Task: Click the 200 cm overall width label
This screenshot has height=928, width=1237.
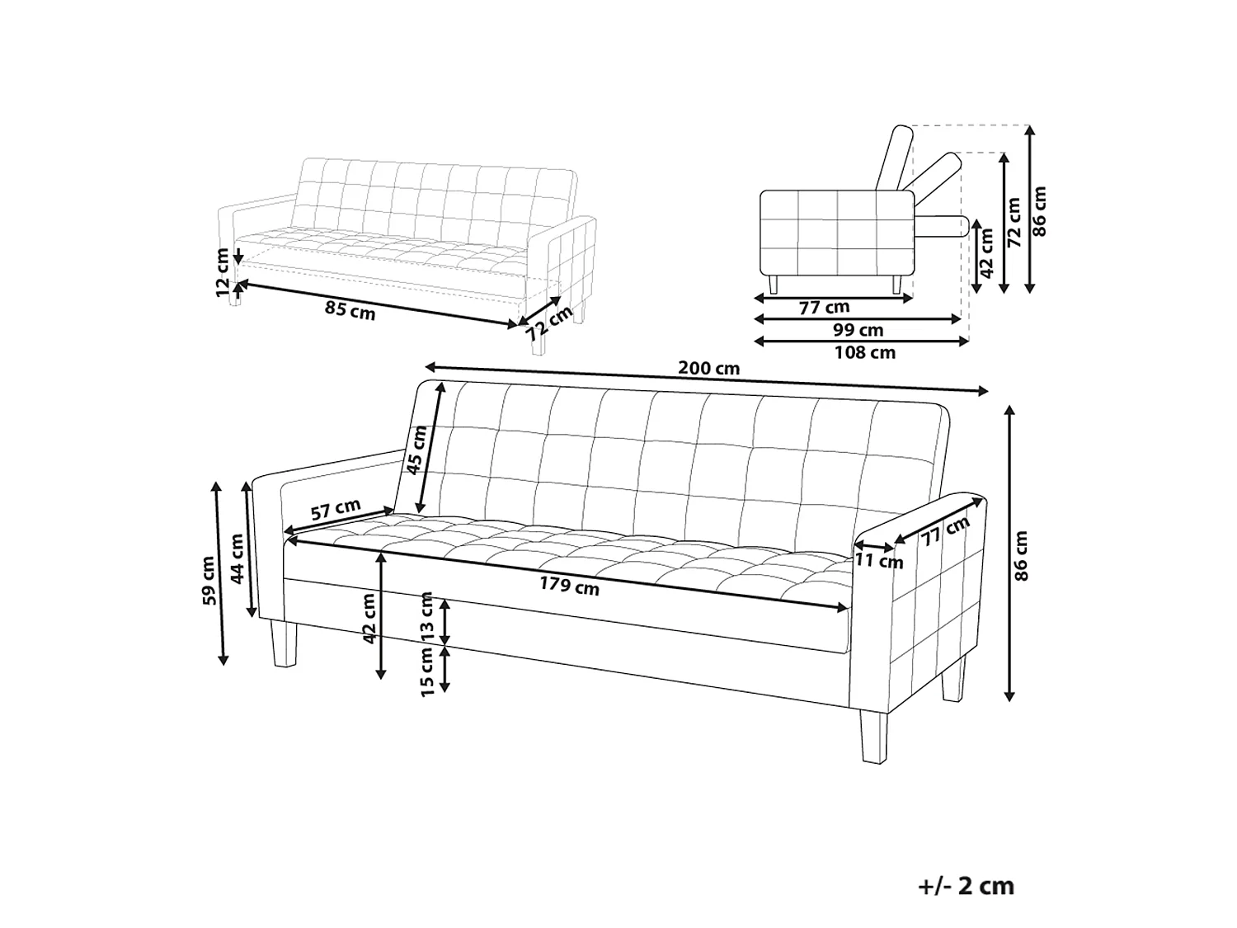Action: [708, 368]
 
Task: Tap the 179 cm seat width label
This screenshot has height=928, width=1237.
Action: [569, 586]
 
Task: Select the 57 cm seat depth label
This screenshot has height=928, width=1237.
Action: [336, 509]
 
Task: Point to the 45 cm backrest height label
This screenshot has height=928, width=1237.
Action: [417, 450]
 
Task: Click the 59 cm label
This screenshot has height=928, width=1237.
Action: [209, 581]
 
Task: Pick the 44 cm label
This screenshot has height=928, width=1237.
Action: [237, 559]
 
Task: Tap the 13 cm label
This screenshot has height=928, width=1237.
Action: [426, 616]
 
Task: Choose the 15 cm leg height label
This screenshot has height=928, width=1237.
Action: [426, 671]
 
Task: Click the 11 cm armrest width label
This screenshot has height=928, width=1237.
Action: [879, 561]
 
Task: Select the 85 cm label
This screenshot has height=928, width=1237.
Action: [350, 310]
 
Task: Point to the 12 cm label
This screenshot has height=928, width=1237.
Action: [223, 273]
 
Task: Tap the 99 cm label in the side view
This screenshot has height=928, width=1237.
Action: [858, 330]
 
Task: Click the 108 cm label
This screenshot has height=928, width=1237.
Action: [864, 353]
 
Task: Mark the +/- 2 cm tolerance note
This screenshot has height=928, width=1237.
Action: [966, 886]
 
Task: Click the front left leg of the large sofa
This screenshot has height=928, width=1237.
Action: [284, 644]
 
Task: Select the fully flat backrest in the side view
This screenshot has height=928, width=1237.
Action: [941, 227]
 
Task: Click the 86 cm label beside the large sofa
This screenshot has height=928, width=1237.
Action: [1021, 555]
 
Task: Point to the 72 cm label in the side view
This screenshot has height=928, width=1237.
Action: [1014, 222]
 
